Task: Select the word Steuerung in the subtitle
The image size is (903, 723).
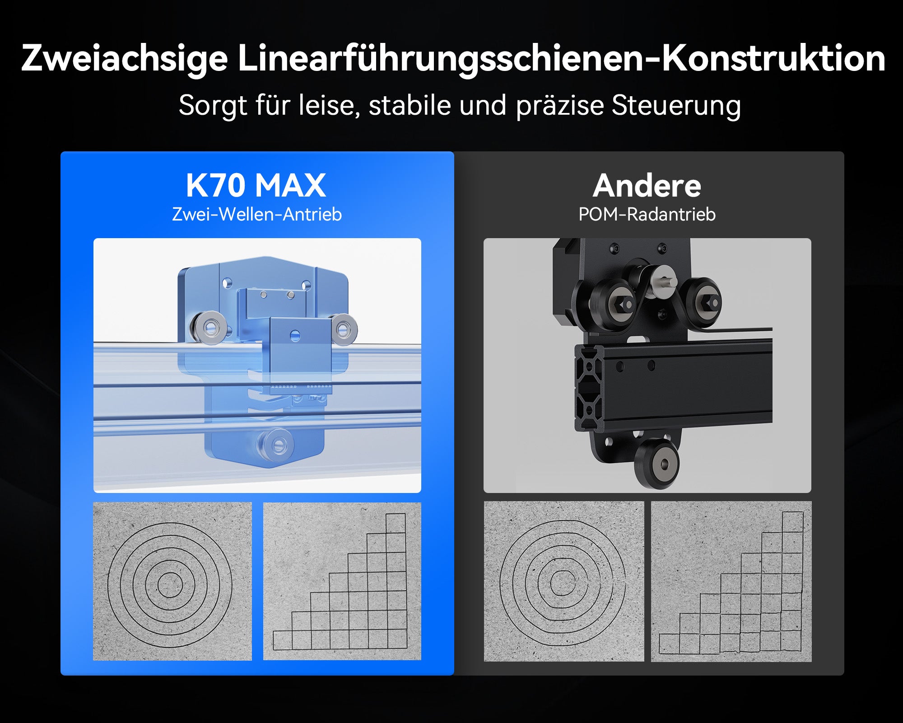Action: [x=676, y=105]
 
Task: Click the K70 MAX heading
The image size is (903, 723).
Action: [x=256, y=185]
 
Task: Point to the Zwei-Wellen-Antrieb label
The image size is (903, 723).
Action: [x=257, y=214]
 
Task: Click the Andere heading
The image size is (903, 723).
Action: [x=647, y=186]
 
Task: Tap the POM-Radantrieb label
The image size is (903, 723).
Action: [x=647, y=214]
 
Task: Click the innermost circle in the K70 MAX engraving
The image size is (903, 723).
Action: [x=170, y=585]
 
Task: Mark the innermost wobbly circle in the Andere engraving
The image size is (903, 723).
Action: [x=563, y=582]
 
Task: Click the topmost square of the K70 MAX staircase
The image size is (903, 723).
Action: [x=396, y=523]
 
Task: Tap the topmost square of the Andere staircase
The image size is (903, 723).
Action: [x=792, y=522]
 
